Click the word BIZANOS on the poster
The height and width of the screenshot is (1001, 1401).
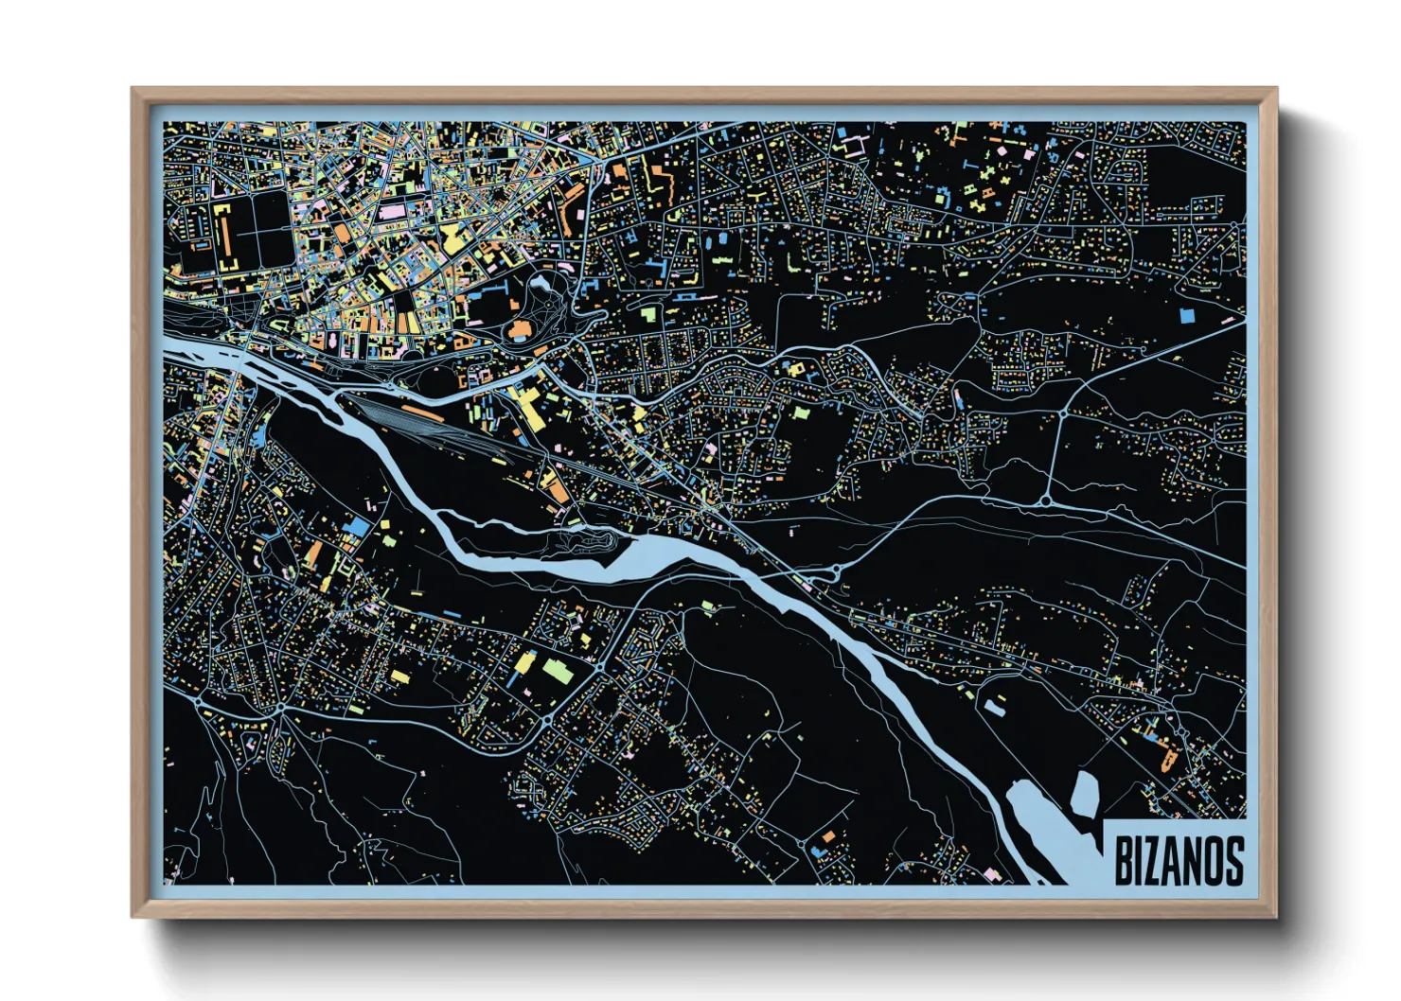(1179, 860)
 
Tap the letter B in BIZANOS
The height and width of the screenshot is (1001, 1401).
(1123, 860)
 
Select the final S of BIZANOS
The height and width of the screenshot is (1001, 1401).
(1233, 860)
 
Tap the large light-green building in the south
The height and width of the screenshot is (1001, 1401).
(558, 671)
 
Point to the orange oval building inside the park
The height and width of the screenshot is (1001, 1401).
(520, 330)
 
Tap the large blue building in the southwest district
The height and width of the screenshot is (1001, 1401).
(359, 526)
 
